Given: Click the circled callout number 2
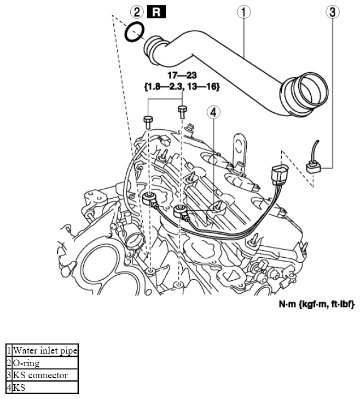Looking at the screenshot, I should coord(137,11).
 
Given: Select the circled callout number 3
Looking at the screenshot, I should coord(332,11).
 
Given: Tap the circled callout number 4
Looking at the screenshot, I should coord(213,112).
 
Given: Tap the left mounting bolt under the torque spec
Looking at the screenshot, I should coord(148,120).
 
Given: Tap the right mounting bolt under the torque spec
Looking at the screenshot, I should coord(182,112).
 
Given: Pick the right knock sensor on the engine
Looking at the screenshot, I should coord(180,211).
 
